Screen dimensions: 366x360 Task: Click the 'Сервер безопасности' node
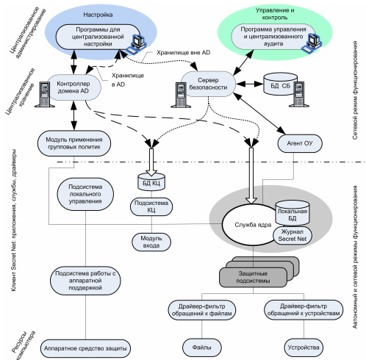208,84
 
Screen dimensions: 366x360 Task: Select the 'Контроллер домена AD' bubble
73,87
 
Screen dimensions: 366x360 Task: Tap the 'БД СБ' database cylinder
280,84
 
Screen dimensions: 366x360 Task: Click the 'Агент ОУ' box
300,143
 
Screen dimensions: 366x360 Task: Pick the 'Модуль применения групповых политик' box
74,143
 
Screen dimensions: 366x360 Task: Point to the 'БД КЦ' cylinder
151,181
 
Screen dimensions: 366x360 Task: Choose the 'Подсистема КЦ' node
151,206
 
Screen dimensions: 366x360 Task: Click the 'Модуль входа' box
151,242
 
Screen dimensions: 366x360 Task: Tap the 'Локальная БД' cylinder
292,213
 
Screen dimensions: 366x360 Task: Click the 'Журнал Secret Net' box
293,235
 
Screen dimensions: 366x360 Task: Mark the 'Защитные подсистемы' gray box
253,277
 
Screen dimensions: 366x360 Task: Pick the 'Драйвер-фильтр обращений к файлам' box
202,310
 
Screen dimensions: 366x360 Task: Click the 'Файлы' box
202,348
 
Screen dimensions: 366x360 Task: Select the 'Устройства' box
304,348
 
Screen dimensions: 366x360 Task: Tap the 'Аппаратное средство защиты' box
85,348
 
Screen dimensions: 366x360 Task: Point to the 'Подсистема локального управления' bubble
85,194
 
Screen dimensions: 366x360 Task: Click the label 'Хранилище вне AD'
183,53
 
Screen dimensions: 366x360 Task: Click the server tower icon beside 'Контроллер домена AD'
45,94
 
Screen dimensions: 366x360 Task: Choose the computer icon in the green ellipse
312,43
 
